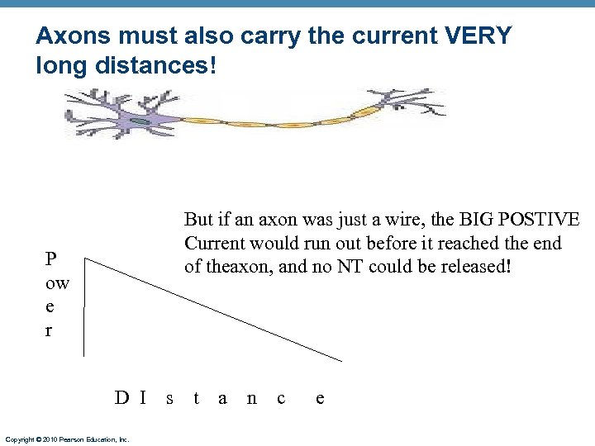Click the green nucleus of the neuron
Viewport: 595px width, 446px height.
141,121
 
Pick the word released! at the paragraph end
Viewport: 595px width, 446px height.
478,267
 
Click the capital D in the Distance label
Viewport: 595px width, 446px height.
121,399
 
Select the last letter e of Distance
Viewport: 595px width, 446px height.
320,399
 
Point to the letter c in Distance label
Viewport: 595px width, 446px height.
281,399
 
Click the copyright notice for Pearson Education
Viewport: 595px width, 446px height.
67,439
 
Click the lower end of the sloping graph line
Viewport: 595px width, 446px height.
341,361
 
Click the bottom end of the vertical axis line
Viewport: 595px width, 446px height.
84,356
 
